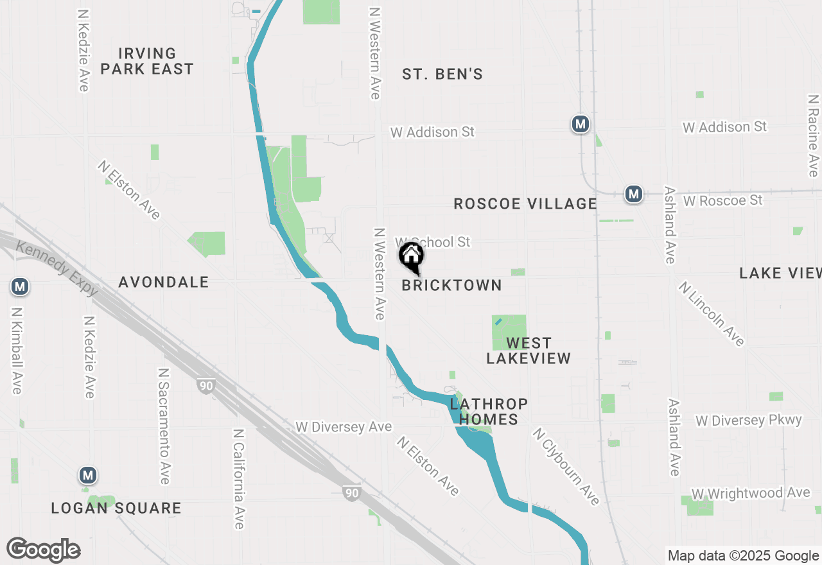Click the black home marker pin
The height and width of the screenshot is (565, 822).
click(x=412, y=257)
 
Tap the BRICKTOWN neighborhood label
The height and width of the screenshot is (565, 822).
click(x=451, y=285)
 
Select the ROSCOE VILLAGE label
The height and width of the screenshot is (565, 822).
click(x=525, y=204)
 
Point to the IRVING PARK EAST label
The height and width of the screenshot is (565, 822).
click(x=147, y=61)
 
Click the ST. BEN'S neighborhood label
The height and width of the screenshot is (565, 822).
click(x=442, y=74)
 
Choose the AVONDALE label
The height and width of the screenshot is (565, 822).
click(x=164, y=282)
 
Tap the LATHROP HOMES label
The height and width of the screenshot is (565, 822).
click(x=489, y=412)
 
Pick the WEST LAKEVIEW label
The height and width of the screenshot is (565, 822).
click(x=529, y=351)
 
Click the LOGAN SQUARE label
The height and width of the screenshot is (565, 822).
click(x=116, y=509)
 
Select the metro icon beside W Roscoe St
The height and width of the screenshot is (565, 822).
click(x=634, y=193)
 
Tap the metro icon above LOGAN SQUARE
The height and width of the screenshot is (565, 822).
click(x=88, y=476)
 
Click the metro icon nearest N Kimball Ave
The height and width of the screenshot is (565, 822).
click(x=20, y=286)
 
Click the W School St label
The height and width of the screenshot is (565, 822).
click(x=432, y=241)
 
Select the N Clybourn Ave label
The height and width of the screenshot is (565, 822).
click(x=566, y=467)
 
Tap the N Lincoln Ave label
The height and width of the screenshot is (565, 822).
click(x=711, y=314)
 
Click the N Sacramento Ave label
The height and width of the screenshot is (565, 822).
click(x=164, y=426)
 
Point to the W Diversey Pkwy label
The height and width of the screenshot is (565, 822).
click(x=749, y=421)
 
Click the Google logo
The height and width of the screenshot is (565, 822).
click(x=44, y=550)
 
